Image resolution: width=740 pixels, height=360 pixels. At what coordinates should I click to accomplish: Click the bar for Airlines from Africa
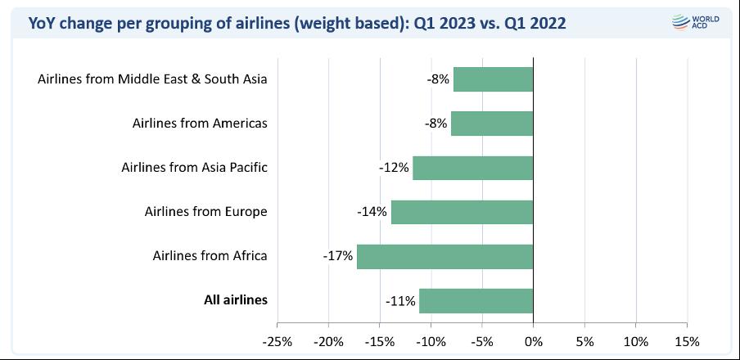[x=444, y=256]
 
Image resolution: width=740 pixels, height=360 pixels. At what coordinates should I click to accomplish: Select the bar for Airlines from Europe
[x=462, y=212]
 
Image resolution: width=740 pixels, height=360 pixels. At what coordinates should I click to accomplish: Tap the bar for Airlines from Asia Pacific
[x=472, y=168]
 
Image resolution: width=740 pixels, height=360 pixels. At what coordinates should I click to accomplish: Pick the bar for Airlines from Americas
[x=491, y=124]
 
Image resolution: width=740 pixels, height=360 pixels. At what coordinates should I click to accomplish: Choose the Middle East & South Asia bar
[x=493, y=79]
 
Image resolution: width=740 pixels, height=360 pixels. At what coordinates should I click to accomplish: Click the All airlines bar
[x=476, y=300]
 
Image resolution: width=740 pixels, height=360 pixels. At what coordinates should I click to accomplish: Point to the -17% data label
[x=338, y=256]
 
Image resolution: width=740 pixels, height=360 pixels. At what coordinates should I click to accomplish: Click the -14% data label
[x=372, y=212]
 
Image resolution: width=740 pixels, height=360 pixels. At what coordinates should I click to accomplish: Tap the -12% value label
[x=394, y=168]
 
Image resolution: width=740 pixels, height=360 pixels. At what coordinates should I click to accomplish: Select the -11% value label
[x=400, y=300]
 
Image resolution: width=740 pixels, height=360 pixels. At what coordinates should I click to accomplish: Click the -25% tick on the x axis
[x=277, y=340]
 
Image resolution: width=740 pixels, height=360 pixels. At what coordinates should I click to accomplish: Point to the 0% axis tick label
[x=533, y=340]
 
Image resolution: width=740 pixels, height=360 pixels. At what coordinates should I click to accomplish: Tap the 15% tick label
[x=687, y=340]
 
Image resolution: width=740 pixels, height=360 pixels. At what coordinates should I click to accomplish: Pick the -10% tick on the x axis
[x=431, y=340]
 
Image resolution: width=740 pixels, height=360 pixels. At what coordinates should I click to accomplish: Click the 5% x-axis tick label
[x=584, y=340]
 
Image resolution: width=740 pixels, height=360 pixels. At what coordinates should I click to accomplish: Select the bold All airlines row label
[x=236, y=299]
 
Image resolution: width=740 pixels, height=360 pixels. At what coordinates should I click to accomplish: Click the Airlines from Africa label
[x=210, y=255]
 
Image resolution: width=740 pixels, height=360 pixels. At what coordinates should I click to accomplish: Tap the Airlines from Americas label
[x=200, y=124]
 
